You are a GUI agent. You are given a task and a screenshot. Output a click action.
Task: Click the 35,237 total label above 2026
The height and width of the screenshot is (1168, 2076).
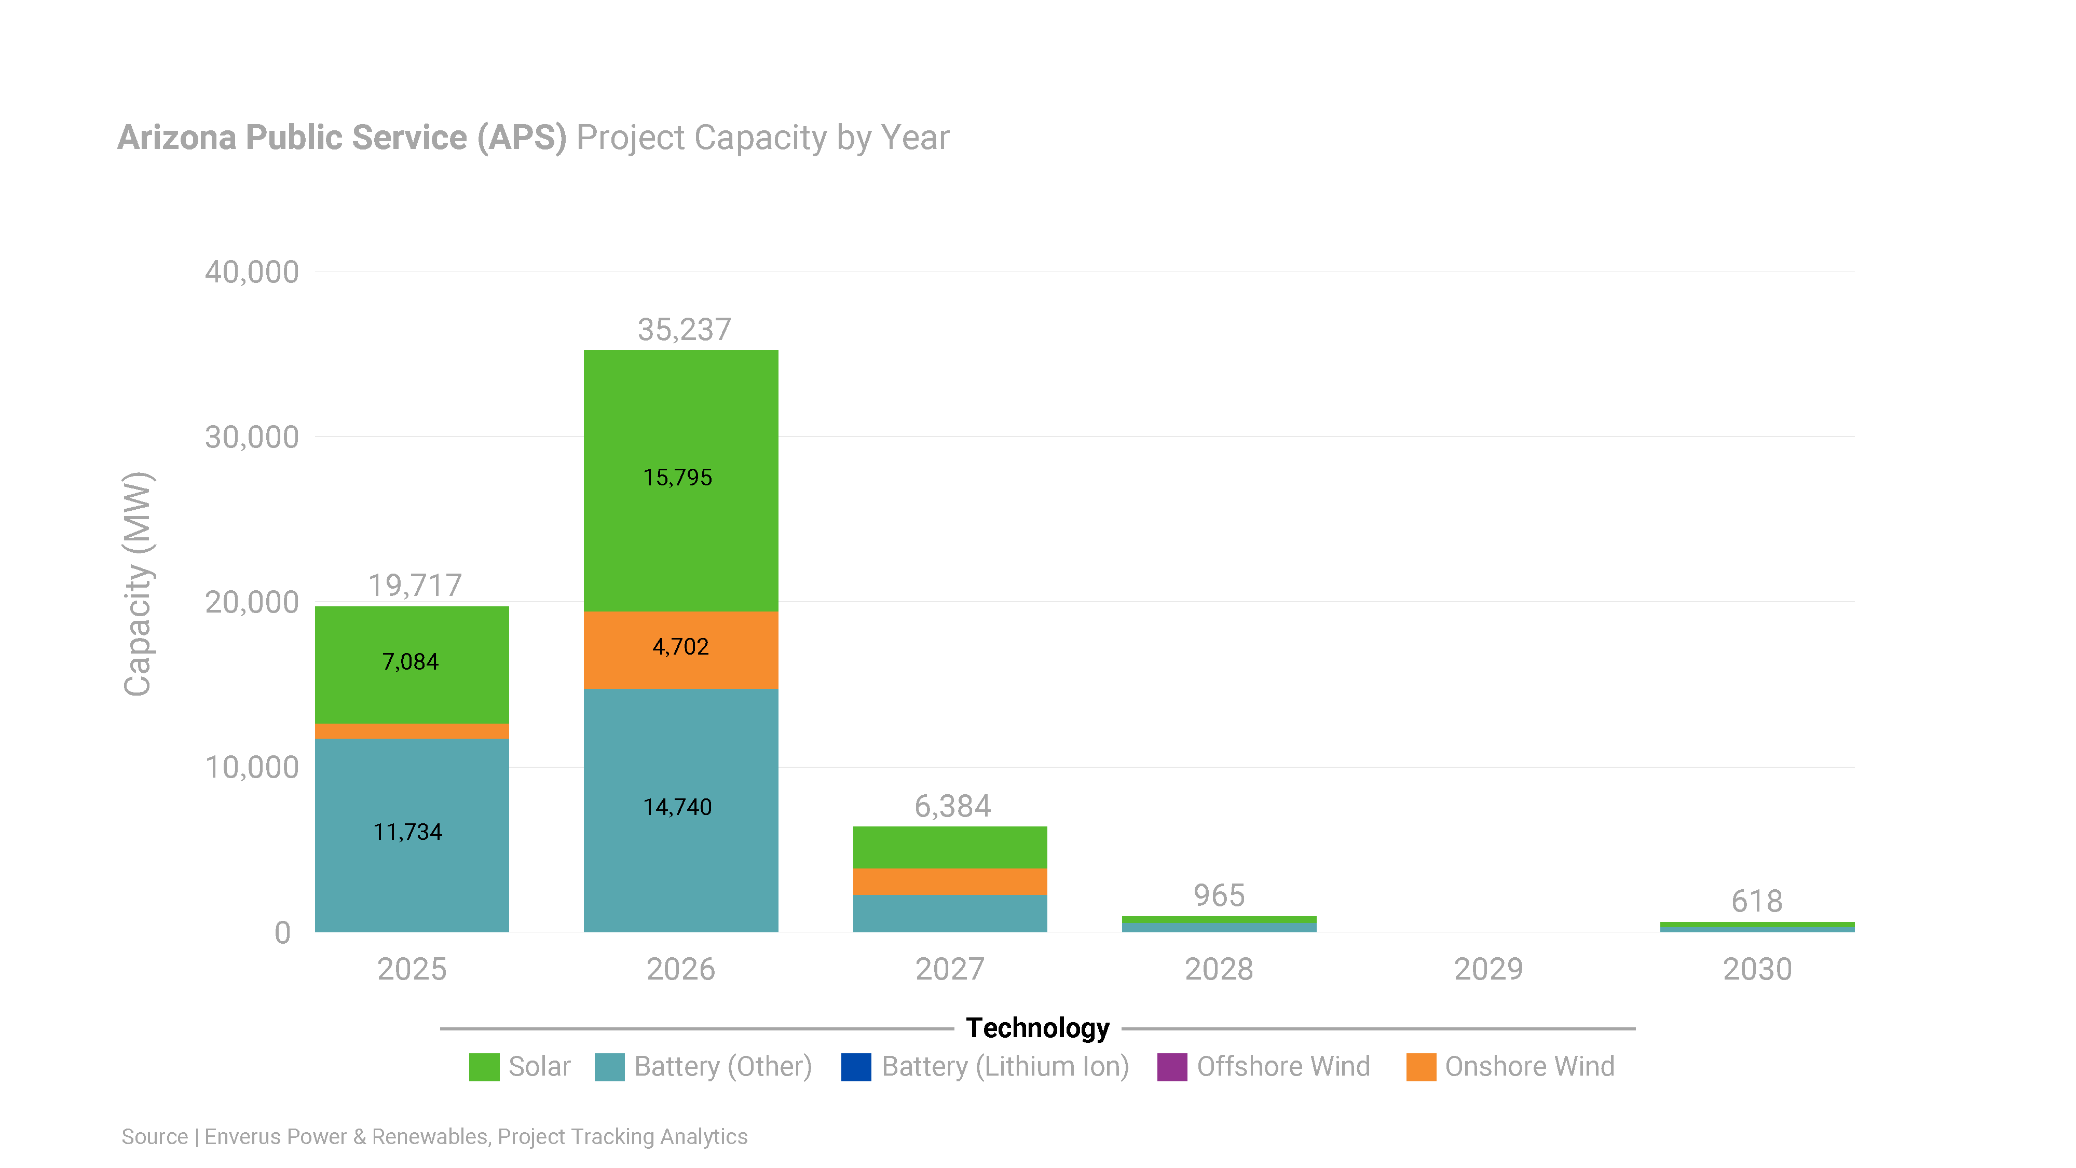[684, 330]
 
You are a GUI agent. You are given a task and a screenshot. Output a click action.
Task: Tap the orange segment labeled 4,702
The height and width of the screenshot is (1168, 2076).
[680, 650]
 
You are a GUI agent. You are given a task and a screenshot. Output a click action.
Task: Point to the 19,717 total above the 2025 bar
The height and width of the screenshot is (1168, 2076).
[415, 585]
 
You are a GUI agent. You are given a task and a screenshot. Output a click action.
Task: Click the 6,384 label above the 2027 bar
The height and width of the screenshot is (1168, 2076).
[952, 806]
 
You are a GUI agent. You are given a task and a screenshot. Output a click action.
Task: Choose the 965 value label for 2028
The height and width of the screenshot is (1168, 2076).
[1219, 895]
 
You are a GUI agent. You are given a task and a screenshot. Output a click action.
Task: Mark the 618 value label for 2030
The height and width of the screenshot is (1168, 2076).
[1756, 901]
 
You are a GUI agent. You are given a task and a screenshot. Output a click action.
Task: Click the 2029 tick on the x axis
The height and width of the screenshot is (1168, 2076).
[1487, 969]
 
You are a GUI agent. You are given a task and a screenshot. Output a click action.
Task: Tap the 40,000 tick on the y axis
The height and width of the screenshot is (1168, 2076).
[251, 273]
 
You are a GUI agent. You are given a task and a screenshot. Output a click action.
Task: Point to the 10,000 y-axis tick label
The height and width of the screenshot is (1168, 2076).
[251, 767]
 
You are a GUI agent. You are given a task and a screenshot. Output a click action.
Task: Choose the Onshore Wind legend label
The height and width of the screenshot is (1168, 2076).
[1529, 1066]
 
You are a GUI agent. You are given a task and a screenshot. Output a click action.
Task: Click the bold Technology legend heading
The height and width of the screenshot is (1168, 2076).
[1037, 1028]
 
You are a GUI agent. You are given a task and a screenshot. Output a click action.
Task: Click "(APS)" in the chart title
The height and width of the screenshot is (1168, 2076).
[522, 138]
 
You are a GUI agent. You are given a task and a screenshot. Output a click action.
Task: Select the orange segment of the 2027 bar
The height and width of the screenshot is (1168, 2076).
[949, 881]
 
